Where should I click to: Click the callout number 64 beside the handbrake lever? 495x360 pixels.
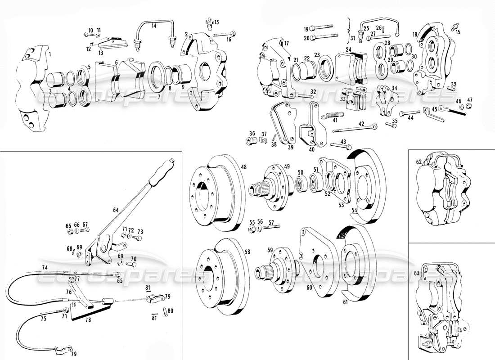click(x=116, y=210)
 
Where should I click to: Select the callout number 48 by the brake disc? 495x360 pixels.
click(x=243, y=167)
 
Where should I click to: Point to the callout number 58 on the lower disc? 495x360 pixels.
click(x=247, y=252)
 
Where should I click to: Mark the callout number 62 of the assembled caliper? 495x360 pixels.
click(x=419, y=161)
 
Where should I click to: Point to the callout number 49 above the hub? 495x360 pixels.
click(x=287, y=166)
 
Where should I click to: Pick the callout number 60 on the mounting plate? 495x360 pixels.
click(x=309, y=287)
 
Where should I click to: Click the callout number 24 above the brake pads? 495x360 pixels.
click(x=348, y=49)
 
